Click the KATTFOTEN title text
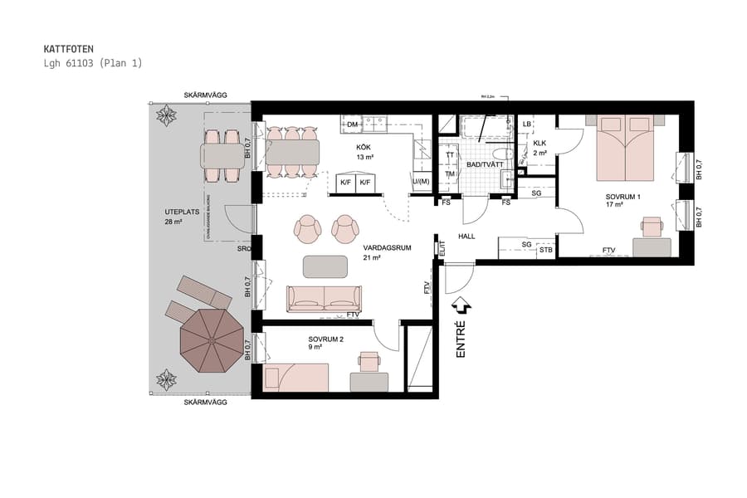tap(70, 49)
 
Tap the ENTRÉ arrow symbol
tap(462, 307)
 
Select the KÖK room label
tap(365, 147)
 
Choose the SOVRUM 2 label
tap(325, 340)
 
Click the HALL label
tap(466, 236)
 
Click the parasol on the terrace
tap(211, 339)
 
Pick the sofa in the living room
tap(324, 298)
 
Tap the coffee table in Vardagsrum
tap(326, 266)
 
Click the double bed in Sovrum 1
tap(624, 147)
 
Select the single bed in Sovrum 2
tap(295, 377)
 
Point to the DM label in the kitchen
tap(352, 124)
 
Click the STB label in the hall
tap(545, 250)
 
